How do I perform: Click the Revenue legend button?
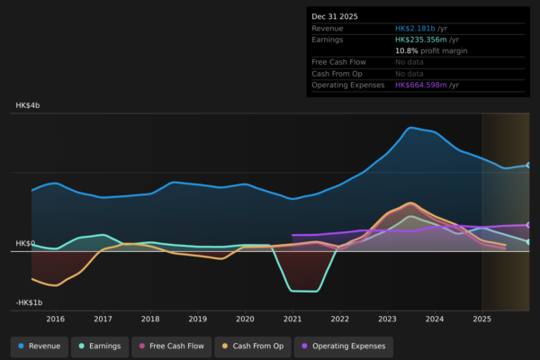40,346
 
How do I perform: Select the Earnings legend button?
99,346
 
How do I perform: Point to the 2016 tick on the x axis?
56,319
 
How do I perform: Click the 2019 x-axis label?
198,319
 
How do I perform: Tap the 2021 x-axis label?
292,319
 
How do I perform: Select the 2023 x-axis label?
387,319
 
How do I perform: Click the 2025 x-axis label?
481,319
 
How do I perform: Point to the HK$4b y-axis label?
28,106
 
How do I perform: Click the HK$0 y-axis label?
25,244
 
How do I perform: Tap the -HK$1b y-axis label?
30,302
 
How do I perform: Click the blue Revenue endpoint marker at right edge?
528,166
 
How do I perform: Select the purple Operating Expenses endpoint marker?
528,225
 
